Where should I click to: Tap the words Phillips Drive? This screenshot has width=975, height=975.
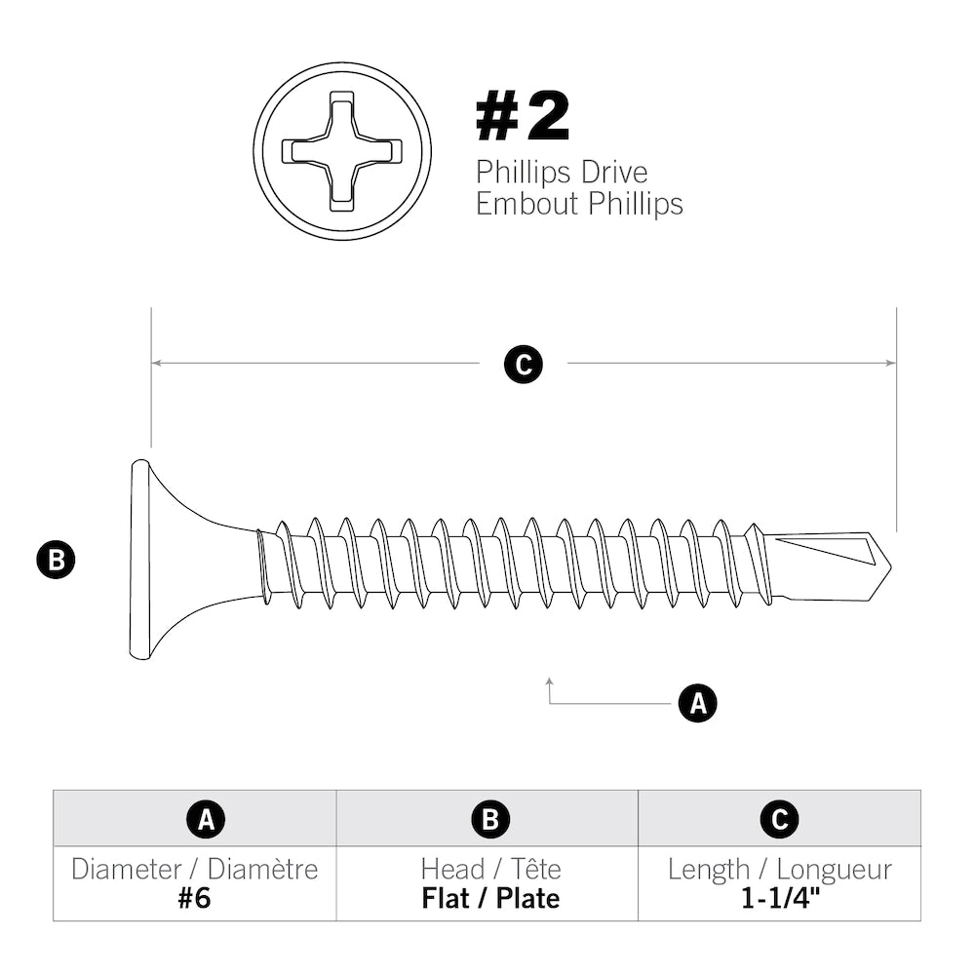pyautogui.click(x=562, y=173)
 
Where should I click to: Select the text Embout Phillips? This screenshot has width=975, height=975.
pyautogui.click(x=579, y=204)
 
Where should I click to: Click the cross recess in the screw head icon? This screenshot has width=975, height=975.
pyautogui.click(x=341, y=151)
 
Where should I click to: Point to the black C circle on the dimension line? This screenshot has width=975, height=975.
pyautogui.click(x=524, y=364)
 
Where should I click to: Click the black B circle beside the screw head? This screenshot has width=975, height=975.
pyautogui.click(x=56, y=560)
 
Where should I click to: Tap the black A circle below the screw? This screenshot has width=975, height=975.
pyautogui.click(x=697, y=702)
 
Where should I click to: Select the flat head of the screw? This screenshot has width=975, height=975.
pyautogui.click(x=140, y=560)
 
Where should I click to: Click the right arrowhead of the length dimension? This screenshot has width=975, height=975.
pyautogui.click(x=890, y=363)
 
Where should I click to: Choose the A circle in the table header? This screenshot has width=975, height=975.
pyautogui.click(x=206, y=819)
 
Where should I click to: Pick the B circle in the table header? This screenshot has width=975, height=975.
pyautogui.click(x=490, y=819)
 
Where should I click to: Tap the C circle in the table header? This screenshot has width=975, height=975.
pyautogui.click(x=779, y=819)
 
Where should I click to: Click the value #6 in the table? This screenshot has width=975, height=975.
pyautogui.click(x=194, y=898)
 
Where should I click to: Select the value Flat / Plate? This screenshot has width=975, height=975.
pyautogui.click(x=490, y=898)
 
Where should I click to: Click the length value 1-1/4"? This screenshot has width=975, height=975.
pyautogui.click(x=779, y=898)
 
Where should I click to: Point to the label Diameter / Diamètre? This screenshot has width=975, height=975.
pyautogui.click(x=194, y=869)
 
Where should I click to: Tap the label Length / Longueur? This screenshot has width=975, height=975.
pyautogui.click(x=779, y=869)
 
